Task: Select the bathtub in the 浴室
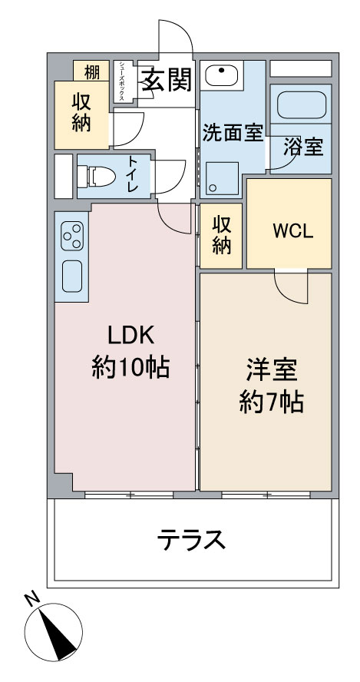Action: (302, 104)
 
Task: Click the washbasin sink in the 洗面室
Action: (221, 75)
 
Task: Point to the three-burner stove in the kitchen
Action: (71, 236)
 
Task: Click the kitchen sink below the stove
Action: (71, 276)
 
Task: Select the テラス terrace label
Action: (191, 540)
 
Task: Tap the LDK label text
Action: (130, 336)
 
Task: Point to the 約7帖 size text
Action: (271, 402)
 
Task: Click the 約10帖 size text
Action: (130, 368)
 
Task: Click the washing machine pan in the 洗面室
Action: (222, 178)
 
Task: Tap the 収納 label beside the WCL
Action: (221, 235)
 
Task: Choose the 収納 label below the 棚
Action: (81, 113)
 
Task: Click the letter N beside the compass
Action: (32, 600)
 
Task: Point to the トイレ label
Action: (133, 175)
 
